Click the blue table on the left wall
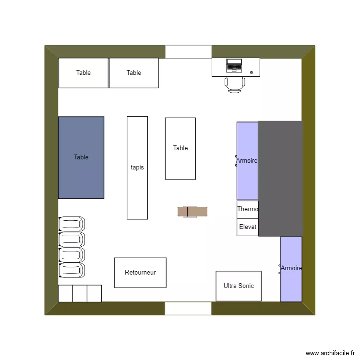tap(81, 157)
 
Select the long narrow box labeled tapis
tap(137, 168)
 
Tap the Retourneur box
tap(140, 273)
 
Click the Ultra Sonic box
tap(239, 286)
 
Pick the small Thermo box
tap(248, 209)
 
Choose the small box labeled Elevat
tap(248, 227)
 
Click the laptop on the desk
tap(234, 66)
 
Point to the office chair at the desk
tap(235, 84)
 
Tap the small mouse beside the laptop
tap(252, 72)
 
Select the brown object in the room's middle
tap(192, 212)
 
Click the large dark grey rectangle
tap(280, 179)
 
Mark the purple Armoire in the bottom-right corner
tap(291, 269)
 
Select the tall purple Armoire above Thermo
tap(247, 161)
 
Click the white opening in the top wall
tap(188, 52)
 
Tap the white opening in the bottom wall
tap(188, 308)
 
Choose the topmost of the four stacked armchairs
tap(72, 224)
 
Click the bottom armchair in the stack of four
tap(72, 271)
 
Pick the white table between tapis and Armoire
tap(180, 148)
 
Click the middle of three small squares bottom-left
tap(80, 293)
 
